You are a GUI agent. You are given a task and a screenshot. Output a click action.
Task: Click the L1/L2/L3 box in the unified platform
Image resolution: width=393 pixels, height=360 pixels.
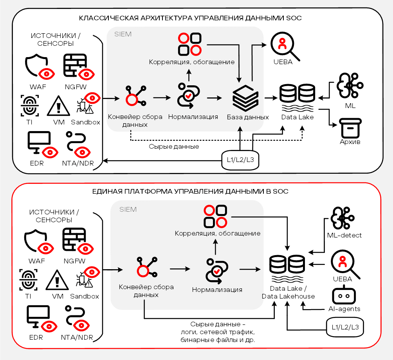point(345,327)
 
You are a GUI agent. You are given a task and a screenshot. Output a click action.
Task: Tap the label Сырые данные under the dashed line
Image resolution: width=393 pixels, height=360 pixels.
point(174,147)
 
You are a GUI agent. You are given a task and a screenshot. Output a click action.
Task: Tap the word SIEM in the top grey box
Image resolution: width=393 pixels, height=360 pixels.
point(123,34)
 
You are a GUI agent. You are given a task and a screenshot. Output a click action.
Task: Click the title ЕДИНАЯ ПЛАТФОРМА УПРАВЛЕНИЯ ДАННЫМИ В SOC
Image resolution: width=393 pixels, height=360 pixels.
point(190,192)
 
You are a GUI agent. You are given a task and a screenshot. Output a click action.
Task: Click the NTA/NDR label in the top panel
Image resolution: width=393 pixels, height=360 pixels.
point(78,163)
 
